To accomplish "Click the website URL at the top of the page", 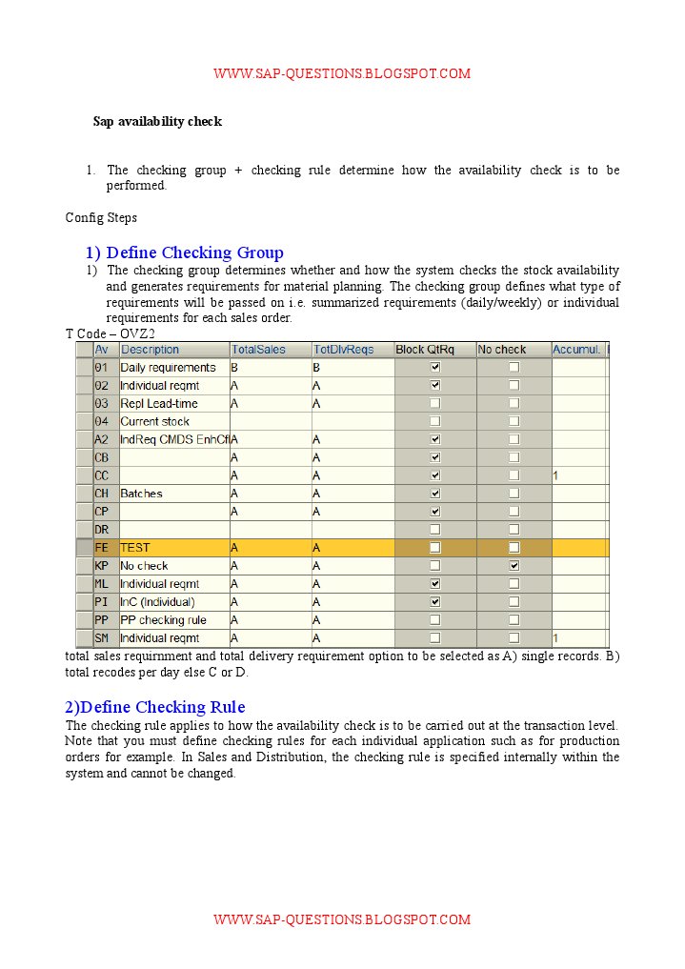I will [x=342, y=73].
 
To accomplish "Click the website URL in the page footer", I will [x=342, y=919].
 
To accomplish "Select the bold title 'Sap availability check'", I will [x=157, y=122].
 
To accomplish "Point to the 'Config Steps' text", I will [x=101, y=218].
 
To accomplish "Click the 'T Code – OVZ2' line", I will [x=110, y=333].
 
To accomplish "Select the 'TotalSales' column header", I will [x=259, y=350].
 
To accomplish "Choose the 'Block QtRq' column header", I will [x=425, y=350].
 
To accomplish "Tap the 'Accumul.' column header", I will [x=576, y=350].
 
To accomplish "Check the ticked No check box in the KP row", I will [x=514, y=566].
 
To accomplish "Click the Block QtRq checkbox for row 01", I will [x=435, y=368].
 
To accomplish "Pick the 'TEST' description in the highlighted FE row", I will [x=135, y=548].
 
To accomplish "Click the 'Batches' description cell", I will [x=141, y=494].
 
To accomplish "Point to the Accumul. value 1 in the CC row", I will [x=555, y=475].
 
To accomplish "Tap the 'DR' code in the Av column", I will [x=102, y=530].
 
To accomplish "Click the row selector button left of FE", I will [x=84, y=548].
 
